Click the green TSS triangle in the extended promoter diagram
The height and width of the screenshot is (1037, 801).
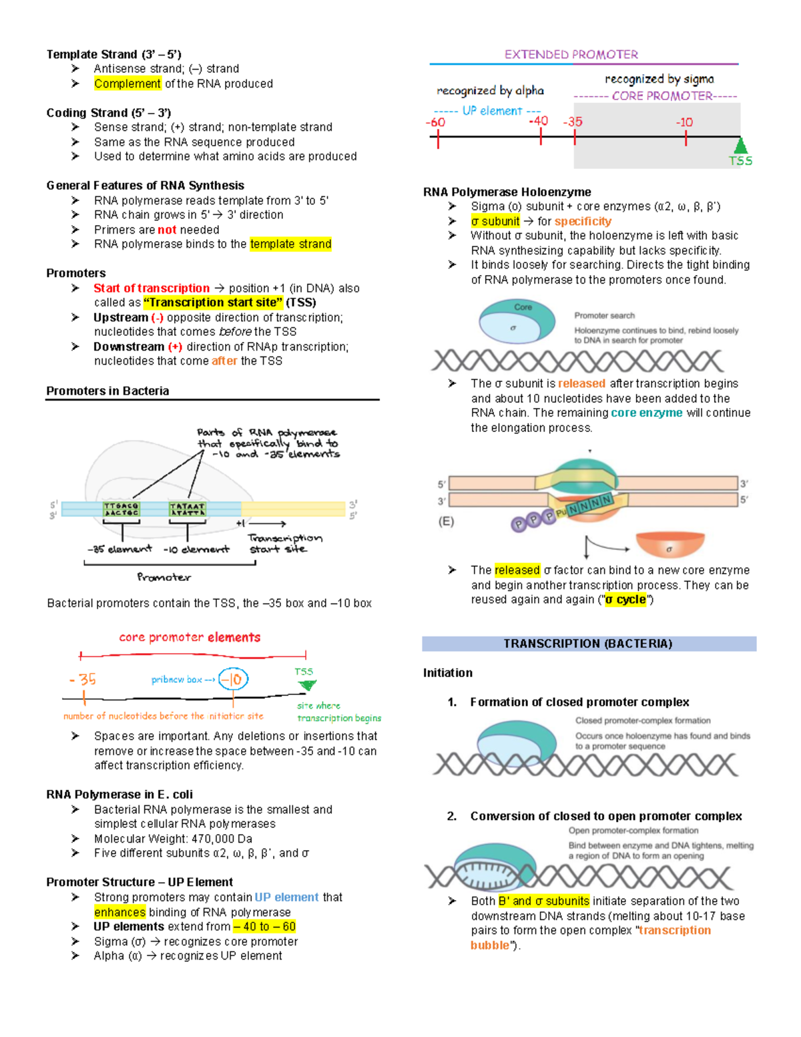740,146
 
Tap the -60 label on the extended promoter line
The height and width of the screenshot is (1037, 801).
435,122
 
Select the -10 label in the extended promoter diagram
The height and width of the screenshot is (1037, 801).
684,122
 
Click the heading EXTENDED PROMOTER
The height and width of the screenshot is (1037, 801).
571,55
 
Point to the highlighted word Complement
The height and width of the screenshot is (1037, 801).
127,83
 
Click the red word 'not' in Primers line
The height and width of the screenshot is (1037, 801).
167,230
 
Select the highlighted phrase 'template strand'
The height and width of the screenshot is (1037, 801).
290,244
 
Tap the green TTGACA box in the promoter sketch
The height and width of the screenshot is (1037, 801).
121,509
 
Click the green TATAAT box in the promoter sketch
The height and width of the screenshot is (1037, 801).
187,509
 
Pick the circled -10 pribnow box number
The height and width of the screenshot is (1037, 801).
233,680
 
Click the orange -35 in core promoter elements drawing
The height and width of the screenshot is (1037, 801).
83,680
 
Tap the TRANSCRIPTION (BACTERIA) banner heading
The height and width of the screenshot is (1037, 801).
588,644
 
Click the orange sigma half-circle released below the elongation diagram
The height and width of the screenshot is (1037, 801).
670,545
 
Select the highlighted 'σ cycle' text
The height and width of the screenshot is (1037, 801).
625,600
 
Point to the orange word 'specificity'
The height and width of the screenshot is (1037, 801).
583,221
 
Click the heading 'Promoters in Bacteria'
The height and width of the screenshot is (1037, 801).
107,391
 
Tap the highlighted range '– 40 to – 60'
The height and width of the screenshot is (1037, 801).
264,927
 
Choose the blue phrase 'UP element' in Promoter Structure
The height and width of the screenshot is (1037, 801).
286,897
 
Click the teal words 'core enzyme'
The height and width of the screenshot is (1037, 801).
646,413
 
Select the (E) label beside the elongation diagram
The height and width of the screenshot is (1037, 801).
446,522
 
